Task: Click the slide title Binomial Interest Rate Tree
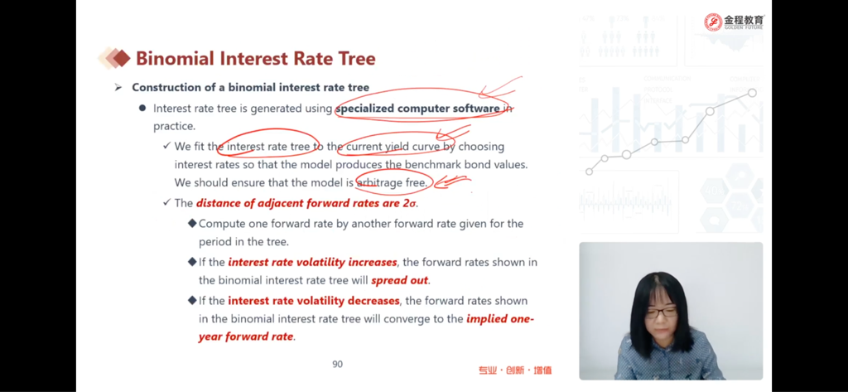point(255,59)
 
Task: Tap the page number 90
point(338,365)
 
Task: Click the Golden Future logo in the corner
point(735,22)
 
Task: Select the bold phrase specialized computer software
point(417,109)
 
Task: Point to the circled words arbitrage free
point(391,183)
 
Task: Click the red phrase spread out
point(400,281)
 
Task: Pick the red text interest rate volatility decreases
point(314,301)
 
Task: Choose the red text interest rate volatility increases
point(312,263)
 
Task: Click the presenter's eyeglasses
point(660,313)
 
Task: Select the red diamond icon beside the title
point(122,59)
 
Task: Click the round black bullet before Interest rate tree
point(142,108)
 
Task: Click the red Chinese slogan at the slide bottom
point(515,371)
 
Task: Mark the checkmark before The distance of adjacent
point(166,202)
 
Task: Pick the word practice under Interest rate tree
point(174,127)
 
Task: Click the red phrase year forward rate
point(246,336)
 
